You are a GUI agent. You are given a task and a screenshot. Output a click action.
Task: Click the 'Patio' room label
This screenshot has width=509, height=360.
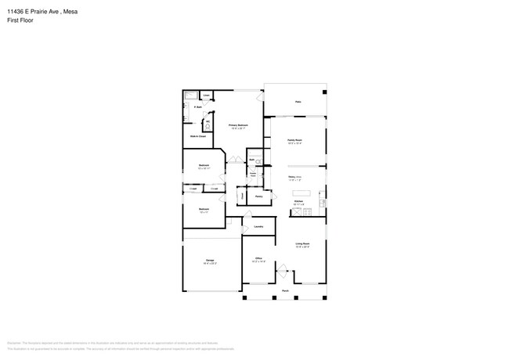click(x=298, y=102)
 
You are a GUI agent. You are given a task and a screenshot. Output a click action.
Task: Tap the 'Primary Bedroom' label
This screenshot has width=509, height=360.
click(x=238, y=125)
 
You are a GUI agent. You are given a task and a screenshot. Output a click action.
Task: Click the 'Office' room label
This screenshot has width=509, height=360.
click(x=258, y=259)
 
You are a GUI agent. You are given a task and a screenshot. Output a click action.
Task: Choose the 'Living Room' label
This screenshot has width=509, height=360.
click(x=301, y=244)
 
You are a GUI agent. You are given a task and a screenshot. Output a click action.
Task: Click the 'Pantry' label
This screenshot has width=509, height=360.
click(x=258, y=196)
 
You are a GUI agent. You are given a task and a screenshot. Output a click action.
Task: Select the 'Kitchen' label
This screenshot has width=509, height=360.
click(x=298, y=201)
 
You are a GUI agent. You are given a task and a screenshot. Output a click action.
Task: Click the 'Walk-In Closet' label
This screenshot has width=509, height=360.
click(x=198, y=136)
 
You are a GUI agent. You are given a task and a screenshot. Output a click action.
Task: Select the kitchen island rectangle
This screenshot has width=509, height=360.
click(x=302, y=192)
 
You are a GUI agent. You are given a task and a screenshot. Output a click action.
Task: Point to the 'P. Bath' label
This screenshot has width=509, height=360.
click(x=198, y=107)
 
